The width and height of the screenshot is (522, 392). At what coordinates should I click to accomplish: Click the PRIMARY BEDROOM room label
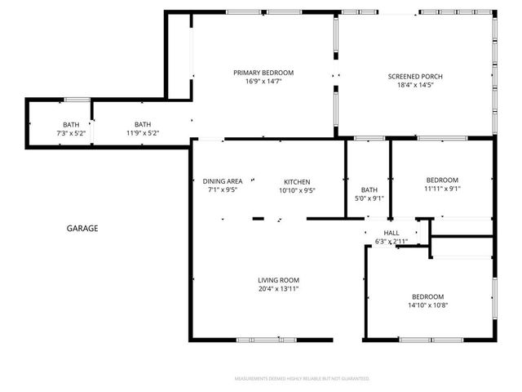(263, 73)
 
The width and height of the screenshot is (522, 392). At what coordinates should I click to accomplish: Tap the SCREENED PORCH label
(415, 75)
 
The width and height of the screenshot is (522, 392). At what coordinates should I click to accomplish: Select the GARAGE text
(82, 229)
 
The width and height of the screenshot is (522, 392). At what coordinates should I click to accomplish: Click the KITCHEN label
(297, 181)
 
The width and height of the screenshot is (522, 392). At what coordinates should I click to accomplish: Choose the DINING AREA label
(223, 181)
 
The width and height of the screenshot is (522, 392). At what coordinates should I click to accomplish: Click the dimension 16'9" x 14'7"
(263, 82)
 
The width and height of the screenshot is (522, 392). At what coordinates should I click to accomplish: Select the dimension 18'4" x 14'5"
(415, 84)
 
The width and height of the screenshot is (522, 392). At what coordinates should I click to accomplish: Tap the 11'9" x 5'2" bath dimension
(143, 133)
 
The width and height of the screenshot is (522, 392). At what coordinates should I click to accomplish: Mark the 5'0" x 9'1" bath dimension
(369, 197)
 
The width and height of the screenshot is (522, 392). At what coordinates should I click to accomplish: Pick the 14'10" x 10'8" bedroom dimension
(427, 305)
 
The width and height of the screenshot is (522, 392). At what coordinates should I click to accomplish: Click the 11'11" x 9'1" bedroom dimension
(442, 189)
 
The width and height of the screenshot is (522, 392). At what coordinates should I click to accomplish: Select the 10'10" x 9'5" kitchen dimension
(297, 190)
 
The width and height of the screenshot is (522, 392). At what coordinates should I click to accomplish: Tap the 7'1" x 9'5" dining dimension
(223, 190)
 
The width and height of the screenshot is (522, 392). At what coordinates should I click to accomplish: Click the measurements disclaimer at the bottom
(302, 379)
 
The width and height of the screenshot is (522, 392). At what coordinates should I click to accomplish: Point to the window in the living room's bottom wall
(266, 339)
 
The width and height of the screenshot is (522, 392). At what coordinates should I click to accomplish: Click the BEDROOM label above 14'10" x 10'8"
(427, 296)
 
